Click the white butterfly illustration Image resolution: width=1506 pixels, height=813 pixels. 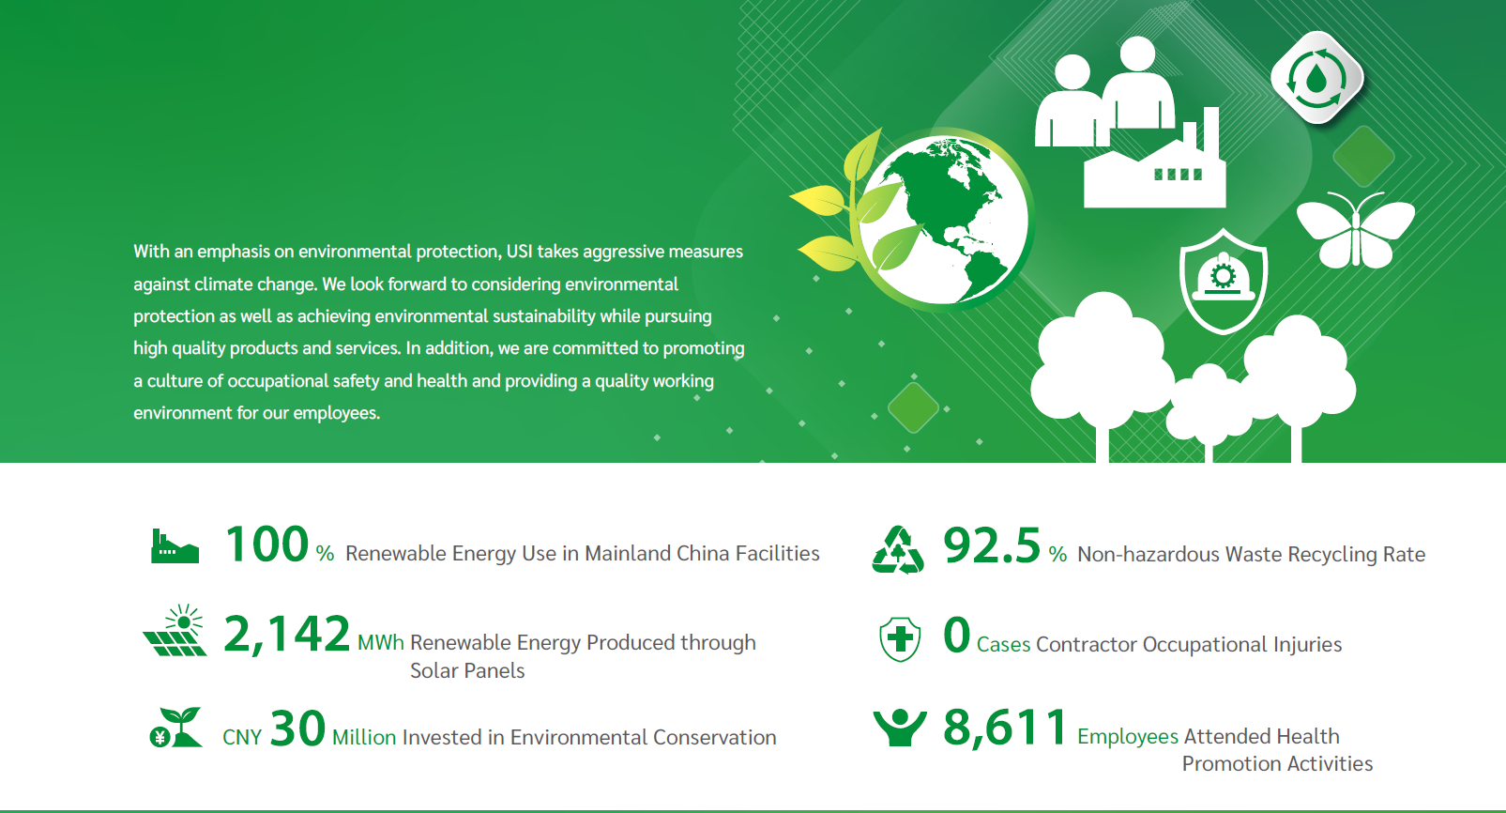[1355, 231]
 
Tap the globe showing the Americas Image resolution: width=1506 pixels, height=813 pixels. [944, 220]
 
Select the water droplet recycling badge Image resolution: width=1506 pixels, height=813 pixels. [1317, 78]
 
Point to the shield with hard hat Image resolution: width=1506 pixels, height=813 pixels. [1223, 281]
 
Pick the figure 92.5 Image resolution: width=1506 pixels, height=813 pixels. [992, 545]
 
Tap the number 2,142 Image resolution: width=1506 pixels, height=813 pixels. [287, 634]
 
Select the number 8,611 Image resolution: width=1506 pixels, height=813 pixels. [1005, 728]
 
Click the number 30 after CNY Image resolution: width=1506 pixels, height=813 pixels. [297, 729]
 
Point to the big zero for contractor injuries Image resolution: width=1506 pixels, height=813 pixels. [957, 634]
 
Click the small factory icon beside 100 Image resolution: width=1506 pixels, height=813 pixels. [175, 545]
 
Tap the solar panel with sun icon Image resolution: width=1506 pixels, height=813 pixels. [175, 629]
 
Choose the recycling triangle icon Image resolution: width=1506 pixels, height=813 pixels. [898, 550]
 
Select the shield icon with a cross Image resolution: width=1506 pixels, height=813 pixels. [900, 638]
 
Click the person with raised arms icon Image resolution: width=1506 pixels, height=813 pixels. [900, 728]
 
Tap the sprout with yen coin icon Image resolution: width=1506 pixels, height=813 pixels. [175, 727]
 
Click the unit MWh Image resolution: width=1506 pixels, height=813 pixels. [381, 643]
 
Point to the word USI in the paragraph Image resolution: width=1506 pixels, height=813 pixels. [519, 252]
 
